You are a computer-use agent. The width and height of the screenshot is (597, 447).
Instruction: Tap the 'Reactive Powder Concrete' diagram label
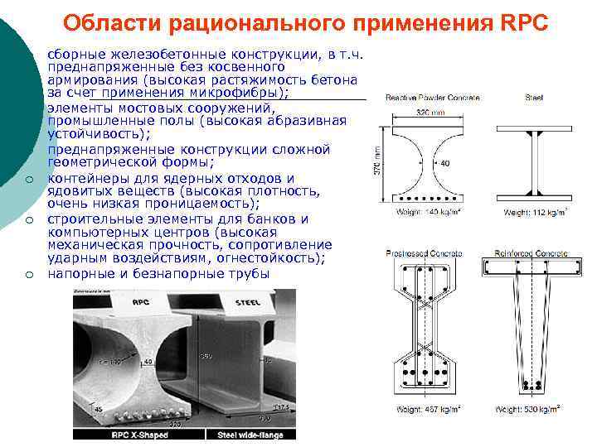pos(432,98)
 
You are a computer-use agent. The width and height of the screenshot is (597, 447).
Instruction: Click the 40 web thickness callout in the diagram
pos(444,163)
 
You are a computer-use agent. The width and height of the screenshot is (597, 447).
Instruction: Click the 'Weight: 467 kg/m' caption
pos(429,409)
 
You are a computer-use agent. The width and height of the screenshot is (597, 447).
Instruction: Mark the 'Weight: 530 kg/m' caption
pos(527,409)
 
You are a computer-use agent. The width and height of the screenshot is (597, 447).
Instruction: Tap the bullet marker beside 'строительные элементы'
pos(27,219)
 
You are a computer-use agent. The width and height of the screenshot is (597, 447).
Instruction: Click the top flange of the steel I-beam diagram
pos(534,130)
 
